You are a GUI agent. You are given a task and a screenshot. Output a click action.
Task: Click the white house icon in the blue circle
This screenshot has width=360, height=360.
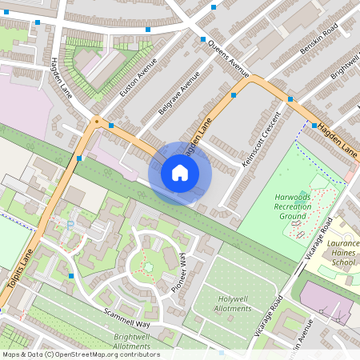pyautogui.click(x=180, y=173)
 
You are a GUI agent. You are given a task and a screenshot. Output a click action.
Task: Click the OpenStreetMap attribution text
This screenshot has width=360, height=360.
pyautogui.click(x=80, y=354)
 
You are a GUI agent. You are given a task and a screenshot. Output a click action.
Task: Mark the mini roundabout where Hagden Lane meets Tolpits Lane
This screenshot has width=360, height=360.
pyautogui.click(x=97, y=122)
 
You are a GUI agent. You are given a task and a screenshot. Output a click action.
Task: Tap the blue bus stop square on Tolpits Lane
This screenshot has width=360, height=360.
pyautogui.click(x=78, y=159)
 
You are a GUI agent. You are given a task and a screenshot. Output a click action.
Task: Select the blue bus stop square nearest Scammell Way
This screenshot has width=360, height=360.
pyautogui.click(x=71, y=275)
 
